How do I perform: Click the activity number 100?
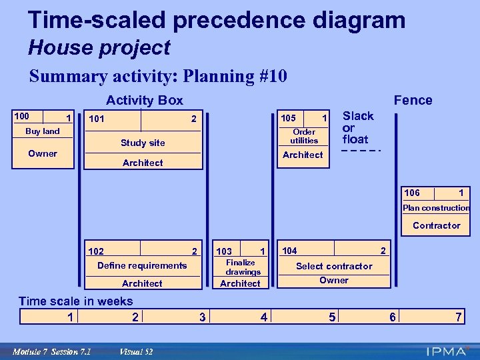click(22, 117)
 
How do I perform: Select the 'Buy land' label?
click(42, 131)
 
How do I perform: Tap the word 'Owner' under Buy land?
click(42, 153)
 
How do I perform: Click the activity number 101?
click(97, 120)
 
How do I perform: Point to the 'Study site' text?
click(143, 143)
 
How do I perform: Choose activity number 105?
click(288, 118)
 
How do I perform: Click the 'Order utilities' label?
click(304, 136)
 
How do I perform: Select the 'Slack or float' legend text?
click(357, 127)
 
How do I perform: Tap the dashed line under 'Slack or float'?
click(360, 151)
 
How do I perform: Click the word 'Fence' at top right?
click(413, 100)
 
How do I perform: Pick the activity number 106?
click(412, 193)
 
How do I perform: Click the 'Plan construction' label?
click(436, 208)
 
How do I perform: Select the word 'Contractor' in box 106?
click(436, 225)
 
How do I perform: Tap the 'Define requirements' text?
click(142, 265)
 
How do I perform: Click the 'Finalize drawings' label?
click(241, 267)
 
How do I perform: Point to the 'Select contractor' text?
click(334, 266)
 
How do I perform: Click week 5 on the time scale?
click(332, 317)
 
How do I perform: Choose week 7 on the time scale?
click(458, 317)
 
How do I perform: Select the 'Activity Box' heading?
click(145, 100)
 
